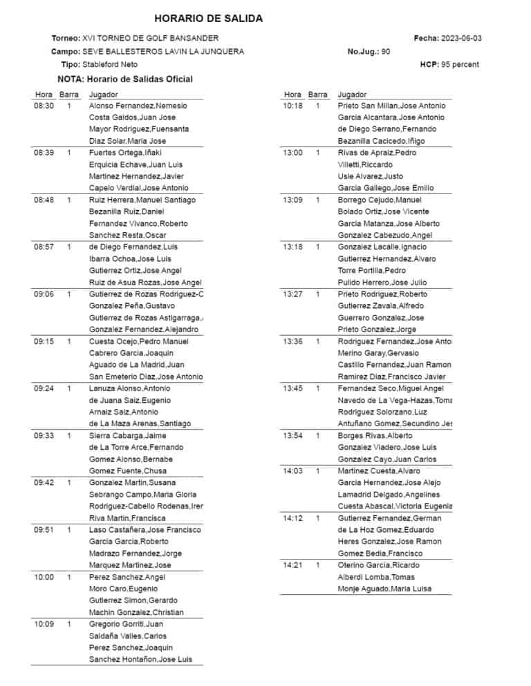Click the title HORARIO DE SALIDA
coord(208,19)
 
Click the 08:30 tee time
coord(44,106)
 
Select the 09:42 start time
coord(44,483)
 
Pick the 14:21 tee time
coord(292,565)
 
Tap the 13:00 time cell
coord(292,153)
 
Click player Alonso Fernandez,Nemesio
coord(138,106)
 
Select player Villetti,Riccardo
coord(365,164)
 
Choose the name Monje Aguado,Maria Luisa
coord(384,589)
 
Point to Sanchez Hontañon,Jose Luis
coord(141,660)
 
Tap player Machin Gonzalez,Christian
coord(137,612)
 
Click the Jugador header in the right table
coord(352,94)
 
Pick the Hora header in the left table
coord(44,94)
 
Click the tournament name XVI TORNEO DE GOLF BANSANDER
coord(150,38)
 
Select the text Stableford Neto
coord(109,64)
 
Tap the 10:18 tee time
coord(292,106)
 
